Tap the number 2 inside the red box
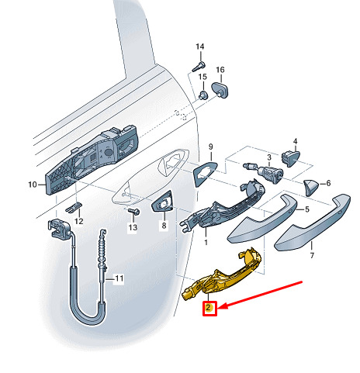[x=209, y=308]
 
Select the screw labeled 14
[x=199, y=67]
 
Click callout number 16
[x=220, y=70]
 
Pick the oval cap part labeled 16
[x=220, y=90]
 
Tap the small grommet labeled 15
[x=203, y=95]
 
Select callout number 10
[x=33, y=185]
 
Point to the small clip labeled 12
[x=74, y=207]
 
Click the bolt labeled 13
[x=134, y=212]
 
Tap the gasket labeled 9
[x=204, y=174]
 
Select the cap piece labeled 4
[x=291, y=158]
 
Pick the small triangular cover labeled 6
[x=312, y=187]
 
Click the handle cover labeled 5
[x=262, y=219]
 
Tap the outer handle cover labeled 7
[x=313, y=223]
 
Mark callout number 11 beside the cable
[x=119, y=278]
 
